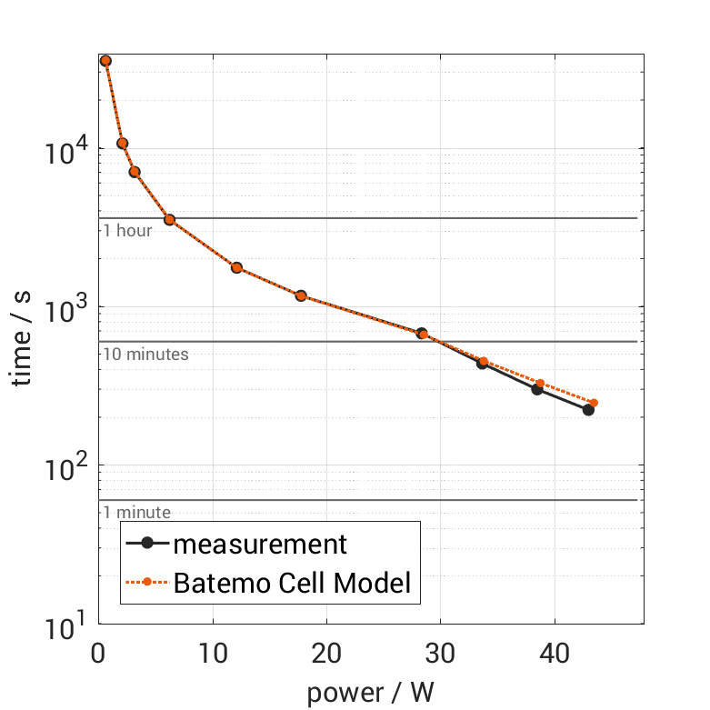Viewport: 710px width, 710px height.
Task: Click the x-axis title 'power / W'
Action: tap(370, 693)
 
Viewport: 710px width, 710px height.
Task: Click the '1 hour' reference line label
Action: tap(127, 231)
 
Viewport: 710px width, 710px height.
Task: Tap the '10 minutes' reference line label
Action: tap(145, 355)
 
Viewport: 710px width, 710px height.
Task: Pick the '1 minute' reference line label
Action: tap(136, 513)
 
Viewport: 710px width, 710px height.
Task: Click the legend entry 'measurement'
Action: tap(260, 545)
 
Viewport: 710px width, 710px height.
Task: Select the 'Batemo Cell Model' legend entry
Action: tap(292, 583)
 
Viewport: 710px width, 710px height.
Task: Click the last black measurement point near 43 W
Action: tap(588, 410)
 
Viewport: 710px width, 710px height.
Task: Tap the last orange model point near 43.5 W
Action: tap(594, 403)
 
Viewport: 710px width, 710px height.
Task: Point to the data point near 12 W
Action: tap(236, 268)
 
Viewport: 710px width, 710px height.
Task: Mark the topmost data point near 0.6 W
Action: tap(105, 61)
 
